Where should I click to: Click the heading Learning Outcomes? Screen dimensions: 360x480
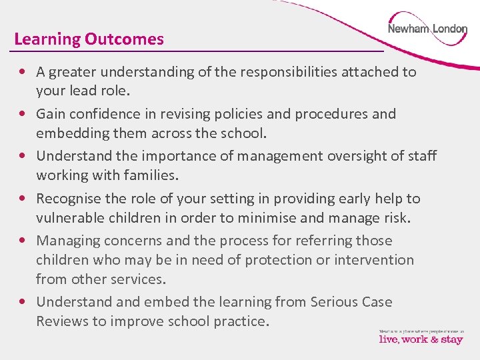click(x=89, y=39)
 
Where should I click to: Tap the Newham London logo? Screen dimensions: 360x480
click(x=427, y=29)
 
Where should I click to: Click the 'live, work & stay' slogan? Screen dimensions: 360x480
click(x=420, y=339)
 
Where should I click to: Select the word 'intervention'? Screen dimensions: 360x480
click(x=375, y=260)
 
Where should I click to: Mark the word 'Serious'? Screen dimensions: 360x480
click(x=336, y=302)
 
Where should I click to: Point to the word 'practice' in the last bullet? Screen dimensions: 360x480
click(x=239, y=321)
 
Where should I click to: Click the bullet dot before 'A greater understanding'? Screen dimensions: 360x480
click(x=23, y=72)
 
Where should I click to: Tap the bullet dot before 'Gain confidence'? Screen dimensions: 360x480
click(x=23, y=114)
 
